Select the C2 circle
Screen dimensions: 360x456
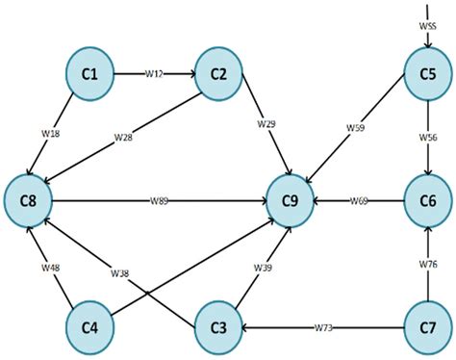[x=218, y=74]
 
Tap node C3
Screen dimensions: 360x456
[x=218, y=326]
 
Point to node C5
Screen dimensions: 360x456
[x=428, y=74]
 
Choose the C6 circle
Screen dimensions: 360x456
[x=428, y=200]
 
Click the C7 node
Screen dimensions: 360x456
[x=428, y=326]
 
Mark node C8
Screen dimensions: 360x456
[x=28, y=200]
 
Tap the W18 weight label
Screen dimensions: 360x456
[x=52, y=134]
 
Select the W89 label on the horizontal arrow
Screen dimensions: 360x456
[x=160, y=200]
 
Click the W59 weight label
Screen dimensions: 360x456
[x=355, y=125]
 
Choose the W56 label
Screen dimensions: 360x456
[x=428, y=137]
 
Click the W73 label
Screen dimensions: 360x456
[x=323, y=327]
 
